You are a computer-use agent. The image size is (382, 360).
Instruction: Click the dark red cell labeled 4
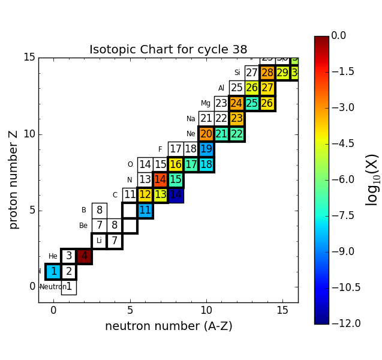point(84,256)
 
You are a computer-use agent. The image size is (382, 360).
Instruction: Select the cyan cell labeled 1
point(53,272)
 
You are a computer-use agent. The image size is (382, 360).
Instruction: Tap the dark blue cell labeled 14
point(176,195)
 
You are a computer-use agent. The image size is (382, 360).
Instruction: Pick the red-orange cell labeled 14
point(160,179)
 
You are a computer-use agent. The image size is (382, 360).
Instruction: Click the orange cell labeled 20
point(206,134)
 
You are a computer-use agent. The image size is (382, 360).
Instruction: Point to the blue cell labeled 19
point(206,149)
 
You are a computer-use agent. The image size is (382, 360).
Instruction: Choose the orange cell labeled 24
point(237,103)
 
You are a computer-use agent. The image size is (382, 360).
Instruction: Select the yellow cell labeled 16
point(176,164)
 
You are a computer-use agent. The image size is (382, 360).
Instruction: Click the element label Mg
point(206,103)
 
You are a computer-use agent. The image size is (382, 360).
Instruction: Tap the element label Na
point(191,119)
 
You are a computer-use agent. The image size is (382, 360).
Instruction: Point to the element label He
point(53,256)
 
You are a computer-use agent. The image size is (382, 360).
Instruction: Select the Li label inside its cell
point(99,241)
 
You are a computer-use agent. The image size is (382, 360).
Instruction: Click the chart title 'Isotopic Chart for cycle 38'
point(168,50)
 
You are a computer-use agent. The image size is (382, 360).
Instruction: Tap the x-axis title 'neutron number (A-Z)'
point(169,326)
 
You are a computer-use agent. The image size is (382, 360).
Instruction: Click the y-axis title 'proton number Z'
point(13,179)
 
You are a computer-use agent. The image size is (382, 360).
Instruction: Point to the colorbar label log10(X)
point(372,179)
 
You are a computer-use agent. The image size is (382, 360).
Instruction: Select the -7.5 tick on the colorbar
point(338,215)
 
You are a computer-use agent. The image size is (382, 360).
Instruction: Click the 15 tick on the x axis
point(282,310)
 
